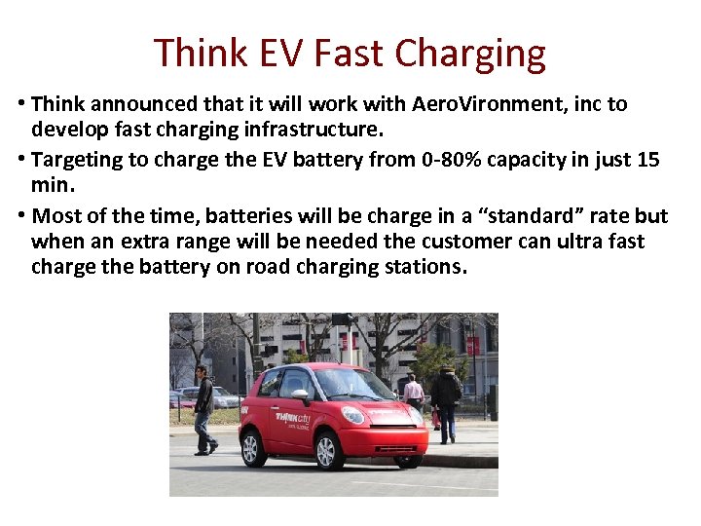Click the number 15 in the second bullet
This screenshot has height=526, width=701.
[647, 159]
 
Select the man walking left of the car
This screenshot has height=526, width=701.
[203, 409]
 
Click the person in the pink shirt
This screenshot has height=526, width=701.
[414, 392]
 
